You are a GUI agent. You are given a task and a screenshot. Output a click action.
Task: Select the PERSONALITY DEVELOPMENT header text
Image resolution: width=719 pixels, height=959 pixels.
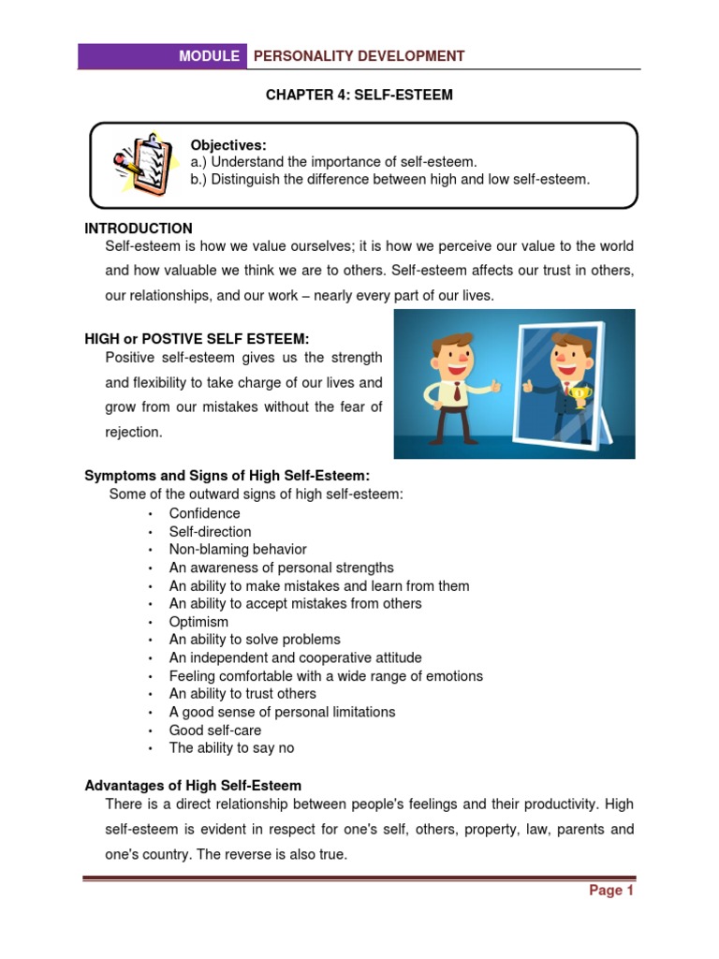pos(359,56)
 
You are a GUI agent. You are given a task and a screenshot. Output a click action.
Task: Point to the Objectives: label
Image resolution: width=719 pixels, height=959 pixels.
pos(228,144)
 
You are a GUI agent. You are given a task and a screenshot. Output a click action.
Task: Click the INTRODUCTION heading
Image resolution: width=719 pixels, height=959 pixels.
pos(139,229)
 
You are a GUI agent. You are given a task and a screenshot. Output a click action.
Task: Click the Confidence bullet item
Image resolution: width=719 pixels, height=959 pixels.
pos(204,513)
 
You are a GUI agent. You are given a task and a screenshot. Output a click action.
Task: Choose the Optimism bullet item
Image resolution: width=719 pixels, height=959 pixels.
pos(198,622)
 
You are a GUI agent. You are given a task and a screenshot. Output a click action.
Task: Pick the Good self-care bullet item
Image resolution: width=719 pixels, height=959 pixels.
pos(215,730)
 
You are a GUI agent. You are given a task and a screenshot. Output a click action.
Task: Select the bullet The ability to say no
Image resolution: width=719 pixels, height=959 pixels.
pos(231,748)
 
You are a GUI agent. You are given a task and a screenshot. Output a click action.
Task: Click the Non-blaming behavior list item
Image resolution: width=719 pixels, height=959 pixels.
pos(238,550)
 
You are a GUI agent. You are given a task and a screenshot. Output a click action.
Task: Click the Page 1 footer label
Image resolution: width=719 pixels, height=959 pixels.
pos(611,891)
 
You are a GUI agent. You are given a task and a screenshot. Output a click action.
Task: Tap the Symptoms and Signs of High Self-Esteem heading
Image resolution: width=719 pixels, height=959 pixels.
pos(221,476)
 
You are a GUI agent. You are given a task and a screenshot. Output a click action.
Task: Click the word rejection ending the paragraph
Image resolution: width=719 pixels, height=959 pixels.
pos(134,433)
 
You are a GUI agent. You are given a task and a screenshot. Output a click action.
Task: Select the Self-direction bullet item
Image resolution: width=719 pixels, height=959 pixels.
pos(210,531)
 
